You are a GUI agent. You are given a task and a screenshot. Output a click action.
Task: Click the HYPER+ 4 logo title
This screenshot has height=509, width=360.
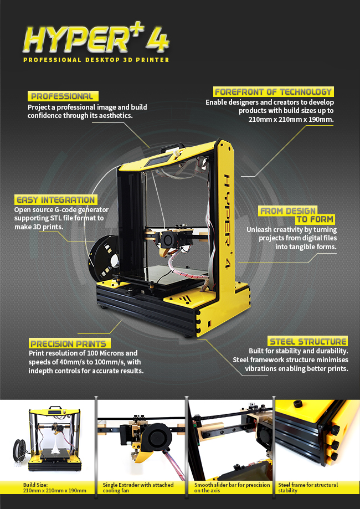point(96,39)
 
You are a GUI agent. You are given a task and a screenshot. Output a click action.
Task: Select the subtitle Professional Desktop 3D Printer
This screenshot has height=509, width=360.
point(96,60)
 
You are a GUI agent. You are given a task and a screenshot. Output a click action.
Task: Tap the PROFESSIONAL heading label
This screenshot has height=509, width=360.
point(63,96)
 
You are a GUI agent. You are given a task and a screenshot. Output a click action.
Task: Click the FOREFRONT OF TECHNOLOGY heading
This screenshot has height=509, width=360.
point(274,91)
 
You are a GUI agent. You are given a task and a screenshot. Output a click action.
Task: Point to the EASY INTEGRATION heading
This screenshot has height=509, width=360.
point(56,199)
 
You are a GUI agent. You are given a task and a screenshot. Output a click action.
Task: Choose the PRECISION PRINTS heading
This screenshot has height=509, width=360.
point(69,343)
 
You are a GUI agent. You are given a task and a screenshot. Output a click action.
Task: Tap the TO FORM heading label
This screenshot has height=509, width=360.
point(315,219)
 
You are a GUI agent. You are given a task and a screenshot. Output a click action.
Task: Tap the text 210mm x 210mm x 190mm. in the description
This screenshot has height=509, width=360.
point(291,120)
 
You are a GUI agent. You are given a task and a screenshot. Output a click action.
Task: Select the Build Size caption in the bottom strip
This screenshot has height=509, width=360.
point(54,487)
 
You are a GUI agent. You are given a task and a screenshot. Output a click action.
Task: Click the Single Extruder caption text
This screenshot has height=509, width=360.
point(138,487)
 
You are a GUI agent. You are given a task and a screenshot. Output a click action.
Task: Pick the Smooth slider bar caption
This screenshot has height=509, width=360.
point(232,487)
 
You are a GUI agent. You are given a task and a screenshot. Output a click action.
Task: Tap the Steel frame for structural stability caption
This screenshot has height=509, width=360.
point(308,487)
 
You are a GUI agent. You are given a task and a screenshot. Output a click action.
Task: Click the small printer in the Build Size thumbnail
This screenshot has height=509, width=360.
point(54,438)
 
